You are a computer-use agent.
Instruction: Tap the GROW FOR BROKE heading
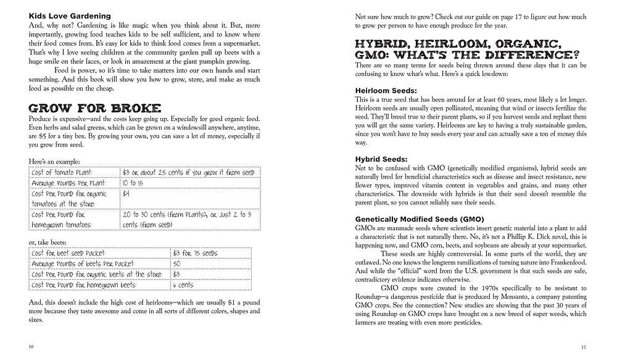click(86, 107)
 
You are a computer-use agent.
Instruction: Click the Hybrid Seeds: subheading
click(381, 159)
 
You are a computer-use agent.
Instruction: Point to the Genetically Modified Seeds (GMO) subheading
click(419, 219)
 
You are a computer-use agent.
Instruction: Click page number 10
click(31, 346)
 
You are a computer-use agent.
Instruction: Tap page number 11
click(583, 346)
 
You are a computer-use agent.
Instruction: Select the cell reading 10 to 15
click(133, 183)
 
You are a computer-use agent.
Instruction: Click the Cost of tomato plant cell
click(66, 172)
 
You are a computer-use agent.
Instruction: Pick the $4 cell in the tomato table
click(126, 193)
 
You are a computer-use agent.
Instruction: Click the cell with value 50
click(177, 264)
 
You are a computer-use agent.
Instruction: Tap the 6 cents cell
click(183, 285)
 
